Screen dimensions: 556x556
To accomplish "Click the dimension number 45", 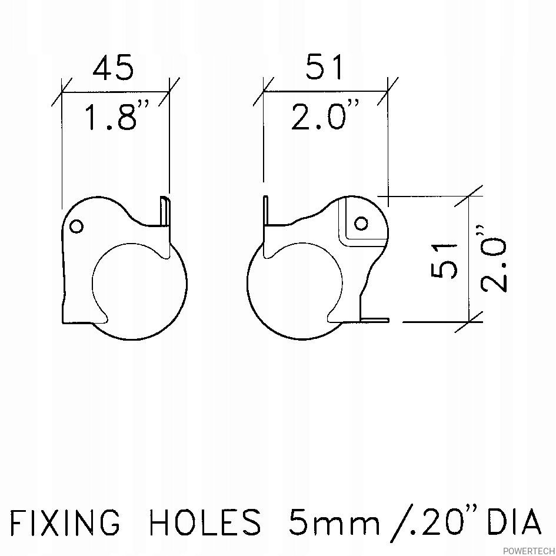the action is coord(114,68).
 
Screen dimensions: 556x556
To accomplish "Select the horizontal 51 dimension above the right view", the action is coord(324,68).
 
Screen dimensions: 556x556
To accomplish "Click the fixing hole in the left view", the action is coord(76,227).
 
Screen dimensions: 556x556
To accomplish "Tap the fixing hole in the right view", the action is coord(361,224).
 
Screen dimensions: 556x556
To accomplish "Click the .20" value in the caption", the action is coord(432,521).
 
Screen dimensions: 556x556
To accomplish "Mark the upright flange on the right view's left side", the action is coord(267,212).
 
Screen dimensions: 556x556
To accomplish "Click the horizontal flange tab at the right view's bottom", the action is coord(374,320).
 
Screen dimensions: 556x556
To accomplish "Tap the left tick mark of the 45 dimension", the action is coord(62,92).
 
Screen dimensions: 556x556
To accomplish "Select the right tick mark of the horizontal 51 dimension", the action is coord(388,91).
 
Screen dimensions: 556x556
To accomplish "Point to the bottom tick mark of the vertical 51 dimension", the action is coord(468,321).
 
